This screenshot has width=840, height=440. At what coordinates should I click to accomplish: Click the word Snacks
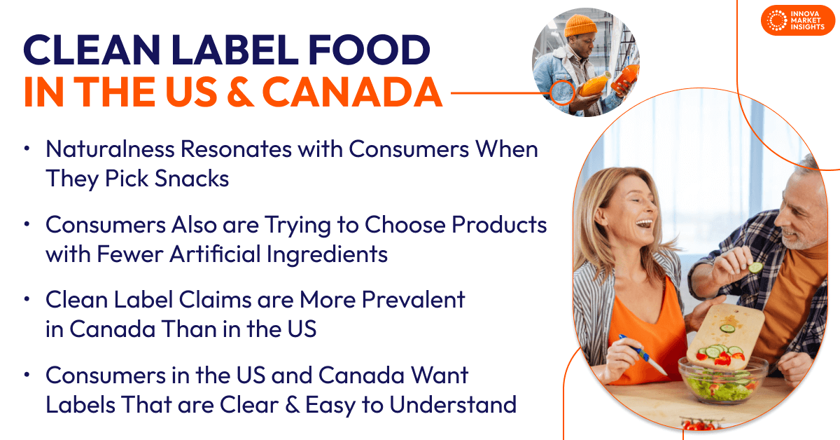(190, 179)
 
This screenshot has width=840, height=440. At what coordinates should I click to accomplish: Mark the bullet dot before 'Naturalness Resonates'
(27, 149)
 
